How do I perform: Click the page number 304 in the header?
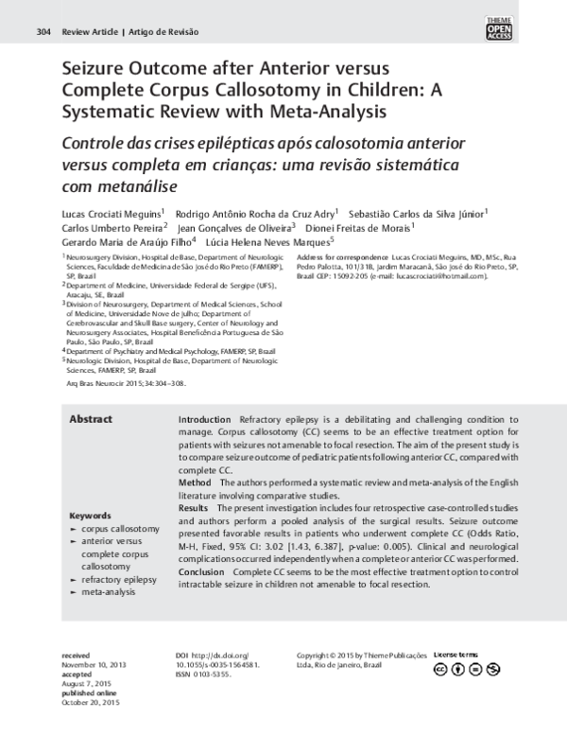point(42,31)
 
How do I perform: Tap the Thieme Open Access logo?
point(524,28)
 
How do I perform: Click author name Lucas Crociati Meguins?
point(110,213)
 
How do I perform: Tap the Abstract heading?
point(91,419)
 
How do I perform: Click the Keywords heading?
point(93,516)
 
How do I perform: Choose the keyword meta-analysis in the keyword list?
point(110,591)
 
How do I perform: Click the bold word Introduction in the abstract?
point(204,419)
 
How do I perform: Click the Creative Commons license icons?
point(465,669)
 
